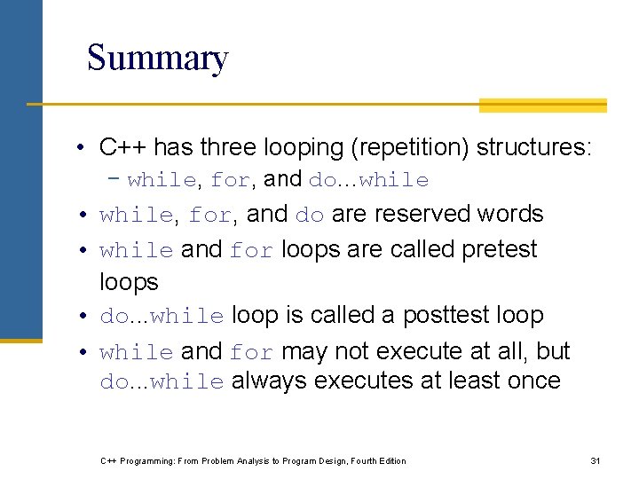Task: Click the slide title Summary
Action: (157, 59)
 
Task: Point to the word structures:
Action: (533, 146)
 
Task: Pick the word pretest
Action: (500, 249)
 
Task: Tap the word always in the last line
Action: (270, 381)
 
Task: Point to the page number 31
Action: (596, 460)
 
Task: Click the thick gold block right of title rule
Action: (542, 106)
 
